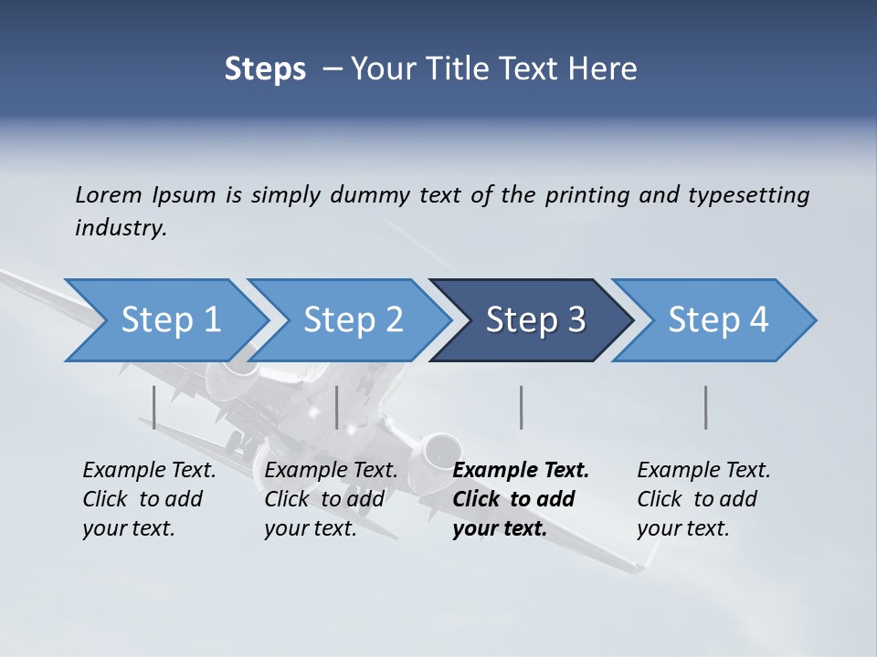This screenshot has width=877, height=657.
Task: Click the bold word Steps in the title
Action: (265, 68)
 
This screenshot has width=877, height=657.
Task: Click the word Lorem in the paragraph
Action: (109, 195)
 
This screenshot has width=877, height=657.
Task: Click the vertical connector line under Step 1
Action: (154, 407)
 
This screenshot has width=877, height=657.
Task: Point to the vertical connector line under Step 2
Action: (337, 407)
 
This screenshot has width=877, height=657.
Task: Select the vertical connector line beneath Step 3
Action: (521, 407)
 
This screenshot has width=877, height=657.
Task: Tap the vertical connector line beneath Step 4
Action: (705, 407)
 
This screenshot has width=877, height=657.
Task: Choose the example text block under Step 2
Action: (330, 499)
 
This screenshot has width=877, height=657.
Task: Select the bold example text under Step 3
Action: (520, 499)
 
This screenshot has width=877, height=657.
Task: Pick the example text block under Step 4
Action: (703, 499)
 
